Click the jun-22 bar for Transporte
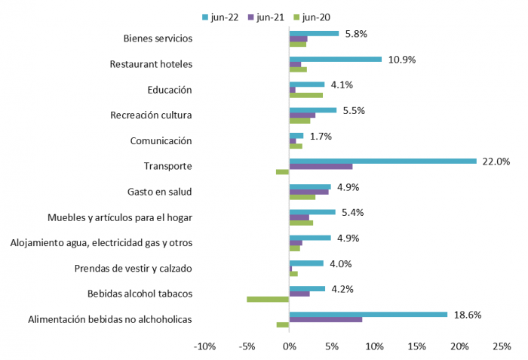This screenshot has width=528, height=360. coord(382,161)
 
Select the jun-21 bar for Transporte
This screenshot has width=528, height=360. coord(321,167)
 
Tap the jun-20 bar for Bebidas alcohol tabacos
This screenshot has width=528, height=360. coord(268,300)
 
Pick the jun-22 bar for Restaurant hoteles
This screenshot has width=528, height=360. coord(336,59)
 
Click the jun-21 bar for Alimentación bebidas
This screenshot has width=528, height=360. coord(325,319)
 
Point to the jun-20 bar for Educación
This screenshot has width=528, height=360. coord(305,95)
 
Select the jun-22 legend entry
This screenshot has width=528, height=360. coord(221,17)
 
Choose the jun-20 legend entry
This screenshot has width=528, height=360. coord(315,17)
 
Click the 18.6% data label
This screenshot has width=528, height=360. coord(468,314)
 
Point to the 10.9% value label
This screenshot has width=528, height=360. coord(402,59)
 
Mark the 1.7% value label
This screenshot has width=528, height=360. coord(321,136)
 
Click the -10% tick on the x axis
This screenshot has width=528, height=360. coord(204,346)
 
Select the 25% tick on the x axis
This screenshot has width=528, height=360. coord(502,346)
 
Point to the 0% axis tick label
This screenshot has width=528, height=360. coord(289,346)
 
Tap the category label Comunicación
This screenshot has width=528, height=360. coord(161,141)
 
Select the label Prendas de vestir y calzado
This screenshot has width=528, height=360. coord(134,268)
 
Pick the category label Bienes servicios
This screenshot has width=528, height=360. coord(158,38)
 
